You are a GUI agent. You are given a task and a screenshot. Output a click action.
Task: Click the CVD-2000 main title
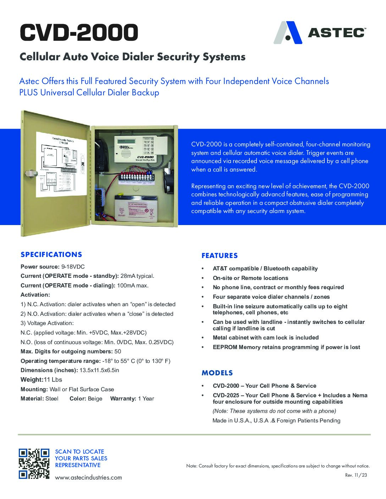pos(79,33)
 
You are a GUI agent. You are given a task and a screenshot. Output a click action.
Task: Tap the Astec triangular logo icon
pos(288,33)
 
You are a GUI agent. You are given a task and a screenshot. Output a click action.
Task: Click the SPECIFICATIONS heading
pos(51,254)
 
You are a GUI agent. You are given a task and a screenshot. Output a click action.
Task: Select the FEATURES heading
pos(220,256)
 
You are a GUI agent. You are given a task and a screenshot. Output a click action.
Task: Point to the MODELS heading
pos(217,373)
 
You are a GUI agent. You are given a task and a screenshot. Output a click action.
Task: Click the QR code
pos(34,464)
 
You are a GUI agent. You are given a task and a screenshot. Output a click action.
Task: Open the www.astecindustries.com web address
pos(88,477)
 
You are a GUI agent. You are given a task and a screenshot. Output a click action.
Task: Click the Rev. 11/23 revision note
pos(356,475)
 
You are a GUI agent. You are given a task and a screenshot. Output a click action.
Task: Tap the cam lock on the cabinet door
pos(32,173)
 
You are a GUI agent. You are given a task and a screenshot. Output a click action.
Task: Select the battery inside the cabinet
pos(136,209)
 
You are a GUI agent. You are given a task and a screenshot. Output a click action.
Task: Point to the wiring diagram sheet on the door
pos(61,164)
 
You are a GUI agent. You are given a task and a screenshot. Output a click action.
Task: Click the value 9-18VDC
pos(73,267)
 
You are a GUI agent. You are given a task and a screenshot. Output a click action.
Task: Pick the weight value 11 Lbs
pos(53,380)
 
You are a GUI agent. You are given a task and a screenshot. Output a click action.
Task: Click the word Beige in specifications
pos(95,398)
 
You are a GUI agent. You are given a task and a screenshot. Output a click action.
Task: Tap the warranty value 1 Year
pos(146,398)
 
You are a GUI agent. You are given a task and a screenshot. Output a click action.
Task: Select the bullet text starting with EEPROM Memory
pos(286,347)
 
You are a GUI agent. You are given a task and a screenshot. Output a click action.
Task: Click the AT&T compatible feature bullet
pos(265,268)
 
